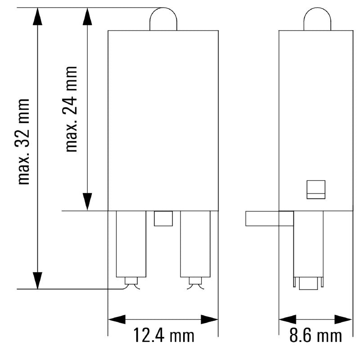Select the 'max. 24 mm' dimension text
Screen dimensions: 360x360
pos(71,109)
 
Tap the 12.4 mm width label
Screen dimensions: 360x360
pos(163,335)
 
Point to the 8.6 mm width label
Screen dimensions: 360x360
pos(315,335)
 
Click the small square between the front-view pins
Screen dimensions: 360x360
pos(163,219)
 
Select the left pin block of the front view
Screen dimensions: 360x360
pos(131,243)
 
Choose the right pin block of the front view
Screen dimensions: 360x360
pos(195,243)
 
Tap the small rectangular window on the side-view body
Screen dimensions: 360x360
pos(316,189)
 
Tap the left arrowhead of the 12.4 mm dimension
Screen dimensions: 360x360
pos(117,319)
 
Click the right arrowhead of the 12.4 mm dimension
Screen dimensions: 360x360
pos(210,319)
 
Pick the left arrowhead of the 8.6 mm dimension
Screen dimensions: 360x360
pos(287,319)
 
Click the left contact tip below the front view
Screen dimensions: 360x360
pos(131,283)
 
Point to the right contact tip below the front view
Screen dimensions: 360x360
pos(195,283)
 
